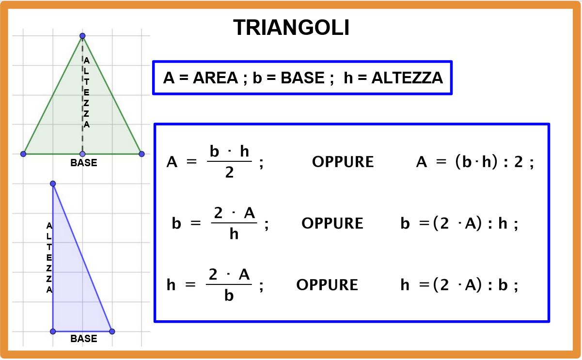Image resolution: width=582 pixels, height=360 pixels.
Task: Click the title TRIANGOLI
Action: tap(291, 28)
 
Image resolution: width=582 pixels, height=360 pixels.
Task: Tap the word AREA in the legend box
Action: tap(215, 78)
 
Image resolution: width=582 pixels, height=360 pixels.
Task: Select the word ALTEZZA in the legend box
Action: tap(407, 78)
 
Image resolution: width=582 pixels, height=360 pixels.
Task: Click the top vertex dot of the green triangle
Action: tap(82, 36)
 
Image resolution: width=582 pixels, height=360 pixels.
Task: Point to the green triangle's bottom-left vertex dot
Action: tap(23, 154)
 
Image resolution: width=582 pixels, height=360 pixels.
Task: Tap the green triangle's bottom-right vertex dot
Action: tap(142, 154)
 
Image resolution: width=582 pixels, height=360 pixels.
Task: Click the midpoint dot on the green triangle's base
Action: tap(82, 154)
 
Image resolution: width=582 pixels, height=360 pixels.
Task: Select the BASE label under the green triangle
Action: tap(84, 163)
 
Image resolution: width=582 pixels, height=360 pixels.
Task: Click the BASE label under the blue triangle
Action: tap(84, 339)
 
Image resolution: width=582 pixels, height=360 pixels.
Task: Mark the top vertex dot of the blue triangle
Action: tap(53, 184)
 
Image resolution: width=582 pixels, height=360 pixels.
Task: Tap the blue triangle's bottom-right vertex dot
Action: tap(112, 331)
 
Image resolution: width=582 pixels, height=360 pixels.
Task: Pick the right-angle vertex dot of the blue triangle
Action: tap(53, 331)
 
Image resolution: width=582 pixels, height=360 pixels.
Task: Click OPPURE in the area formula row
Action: tap(343, 162)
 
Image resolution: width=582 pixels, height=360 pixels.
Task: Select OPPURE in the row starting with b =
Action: tap(332, 223)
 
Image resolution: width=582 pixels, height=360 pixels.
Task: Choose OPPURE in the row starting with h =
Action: tap(327, 284)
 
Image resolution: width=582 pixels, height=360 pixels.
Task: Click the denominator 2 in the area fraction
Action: tap(229, 172)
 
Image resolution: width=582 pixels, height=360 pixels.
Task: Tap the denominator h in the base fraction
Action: tap(234, 235)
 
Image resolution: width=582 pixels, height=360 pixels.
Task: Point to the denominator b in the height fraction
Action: tap(229, 296)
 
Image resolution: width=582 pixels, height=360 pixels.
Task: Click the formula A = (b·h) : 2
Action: tap(474, 162)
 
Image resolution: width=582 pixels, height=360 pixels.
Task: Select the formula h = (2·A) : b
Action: tap(459, 285)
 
